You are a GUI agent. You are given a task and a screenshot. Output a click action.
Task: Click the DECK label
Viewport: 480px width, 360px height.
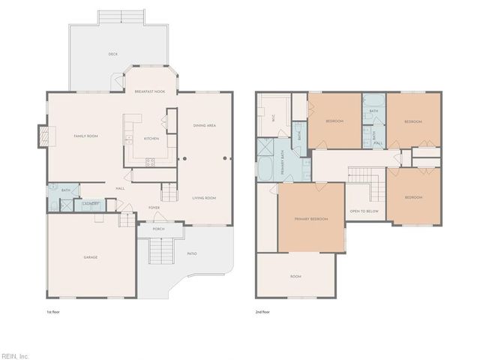tap(112, 54)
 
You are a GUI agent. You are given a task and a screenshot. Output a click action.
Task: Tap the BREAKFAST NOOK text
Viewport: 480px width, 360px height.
tap(149, 91)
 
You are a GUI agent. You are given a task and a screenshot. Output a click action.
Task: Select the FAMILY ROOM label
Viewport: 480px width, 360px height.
tap(85, 136)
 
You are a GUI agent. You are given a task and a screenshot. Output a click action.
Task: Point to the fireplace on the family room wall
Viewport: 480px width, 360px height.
tap(43, 136)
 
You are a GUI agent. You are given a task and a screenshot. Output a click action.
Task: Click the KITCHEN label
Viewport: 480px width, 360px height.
tap(151, 139)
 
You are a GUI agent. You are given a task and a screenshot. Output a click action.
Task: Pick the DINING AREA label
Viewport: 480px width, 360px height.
tap(205, 125)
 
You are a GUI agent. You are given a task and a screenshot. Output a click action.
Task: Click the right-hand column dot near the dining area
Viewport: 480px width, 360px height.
tap(226, 158)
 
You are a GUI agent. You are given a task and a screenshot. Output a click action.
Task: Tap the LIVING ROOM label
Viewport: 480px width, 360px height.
tap(204, 198)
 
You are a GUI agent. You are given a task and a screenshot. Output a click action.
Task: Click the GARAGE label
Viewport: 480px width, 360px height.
tap(90, 257)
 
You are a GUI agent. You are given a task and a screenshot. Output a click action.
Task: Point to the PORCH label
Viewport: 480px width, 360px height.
tap(158, 229)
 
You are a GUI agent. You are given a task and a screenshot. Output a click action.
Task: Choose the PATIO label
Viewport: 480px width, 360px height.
tap(192, 253)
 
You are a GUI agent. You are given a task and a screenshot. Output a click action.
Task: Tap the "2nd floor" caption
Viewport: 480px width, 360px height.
tap(262, 311)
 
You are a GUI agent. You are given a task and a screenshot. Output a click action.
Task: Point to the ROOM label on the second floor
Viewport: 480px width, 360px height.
tap(295, 277)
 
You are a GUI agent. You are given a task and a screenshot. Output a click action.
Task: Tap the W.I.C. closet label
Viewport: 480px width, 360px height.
tap(274, 117)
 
